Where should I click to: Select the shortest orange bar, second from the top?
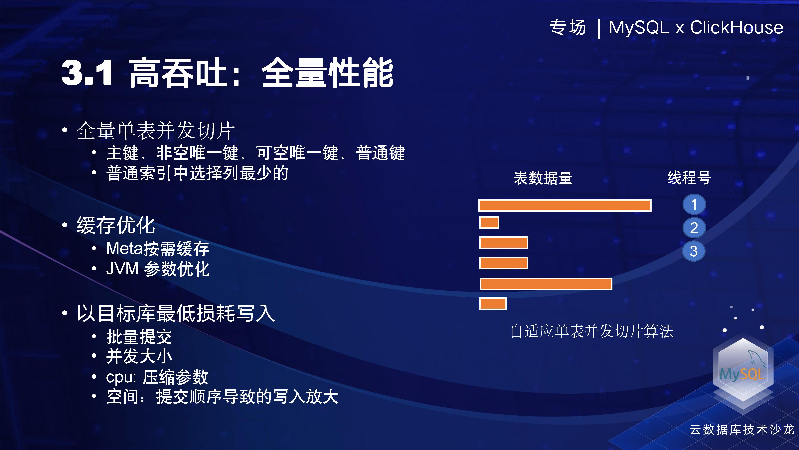489,223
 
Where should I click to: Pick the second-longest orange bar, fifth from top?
546,284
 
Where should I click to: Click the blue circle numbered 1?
694,204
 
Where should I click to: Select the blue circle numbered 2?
694,228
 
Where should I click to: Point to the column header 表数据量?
543,178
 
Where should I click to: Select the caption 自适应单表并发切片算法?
592,331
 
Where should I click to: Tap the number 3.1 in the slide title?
87,73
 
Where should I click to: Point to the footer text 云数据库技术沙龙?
742,430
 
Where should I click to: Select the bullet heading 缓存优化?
116,225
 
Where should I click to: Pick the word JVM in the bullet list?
122,269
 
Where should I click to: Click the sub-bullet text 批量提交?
139,337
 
